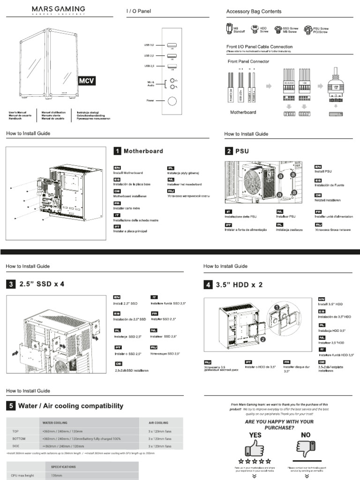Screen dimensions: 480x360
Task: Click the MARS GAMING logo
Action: coord(58,10)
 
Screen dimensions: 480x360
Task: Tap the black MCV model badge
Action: coord(86,80)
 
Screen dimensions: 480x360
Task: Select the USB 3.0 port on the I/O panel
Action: coord(172,45)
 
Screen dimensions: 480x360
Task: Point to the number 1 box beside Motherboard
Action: coord(117,151)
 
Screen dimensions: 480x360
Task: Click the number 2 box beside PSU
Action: coord(229,151)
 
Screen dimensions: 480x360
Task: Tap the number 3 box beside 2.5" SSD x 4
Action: coord(10,284)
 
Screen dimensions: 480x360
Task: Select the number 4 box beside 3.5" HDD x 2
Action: coord(208,284)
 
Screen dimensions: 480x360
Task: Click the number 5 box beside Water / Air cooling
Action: coord(10,406)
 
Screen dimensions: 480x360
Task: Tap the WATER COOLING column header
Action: coord(55,422)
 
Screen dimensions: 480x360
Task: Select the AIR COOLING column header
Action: coord(158,422)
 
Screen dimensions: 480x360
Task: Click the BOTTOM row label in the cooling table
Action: coord(19,439)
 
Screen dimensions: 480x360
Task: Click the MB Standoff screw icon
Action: coord(229,29)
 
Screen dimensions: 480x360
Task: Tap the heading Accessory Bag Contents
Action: coord(254,11)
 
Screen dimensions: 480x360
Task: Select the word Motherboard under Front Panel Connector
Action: coord(243,112)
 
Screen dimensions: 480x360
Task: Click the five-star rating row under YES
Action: coord(255,462)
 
